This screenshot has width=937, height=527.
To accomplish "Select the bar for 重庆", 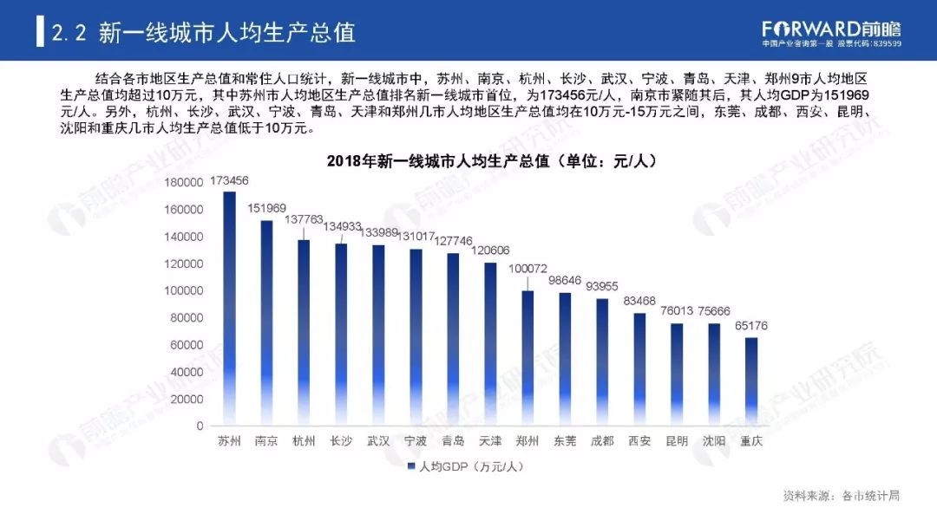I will tap(751, 381).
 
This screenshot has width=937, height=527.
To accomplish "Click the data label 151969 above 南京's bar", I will tap(266, 208).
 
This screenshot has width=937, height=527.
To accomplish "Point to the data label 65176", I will tap(751, 326).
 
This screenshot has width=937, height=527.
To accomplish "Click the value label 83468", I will tap(639, 302).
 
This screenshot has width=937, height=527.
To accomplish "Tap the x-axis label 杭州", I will tap(304, 441).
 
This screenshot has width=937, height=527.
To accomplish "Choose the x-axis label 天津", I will tap(490, 441).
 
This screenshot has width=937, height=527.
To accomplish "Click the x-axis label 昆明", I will tap(677, 441).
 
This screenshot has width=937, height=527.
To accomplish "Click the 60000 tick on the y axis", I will tap(187, 345).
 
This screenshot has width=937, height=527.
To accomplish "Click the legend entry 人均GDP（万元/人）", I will tap(465, 467).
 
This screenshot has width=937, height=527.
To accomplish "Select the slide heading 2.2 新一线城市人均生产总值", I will tap(204, 33).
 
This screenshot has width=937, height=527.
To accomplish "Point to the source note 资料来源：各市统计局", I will tap(841, 496).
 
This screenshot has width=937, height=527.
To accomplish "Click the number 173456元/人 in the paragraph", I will tap(566, 94).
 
